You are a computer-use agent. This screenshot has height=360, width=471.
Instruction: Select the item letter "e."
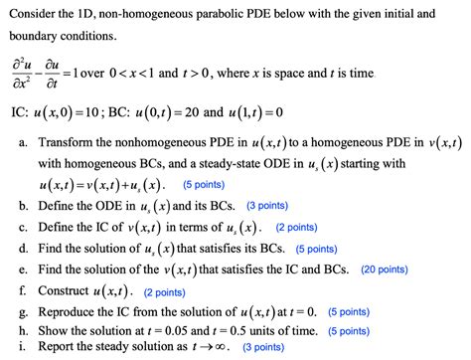[23, 269]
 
